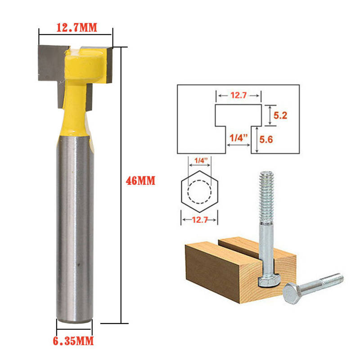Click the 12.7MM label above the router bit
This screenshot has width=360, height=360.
click(76, 27)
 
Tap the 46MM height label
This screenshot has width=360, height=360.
click(140, 181)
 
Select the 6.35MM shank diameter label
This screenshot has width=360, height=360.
click(73, 341)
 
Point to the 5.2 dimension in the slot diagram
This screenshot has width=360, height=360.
click(280, 115)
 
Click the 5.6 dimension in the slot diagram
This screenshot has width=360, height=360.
click(266, 139)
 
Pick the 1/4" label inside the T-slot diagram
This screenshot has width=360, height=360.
click(239, 138)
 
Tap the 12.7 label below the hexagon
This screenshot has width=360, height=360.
click(200, 220)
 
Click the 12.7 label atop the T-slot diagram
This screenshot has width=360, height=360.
click(238, 95)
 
